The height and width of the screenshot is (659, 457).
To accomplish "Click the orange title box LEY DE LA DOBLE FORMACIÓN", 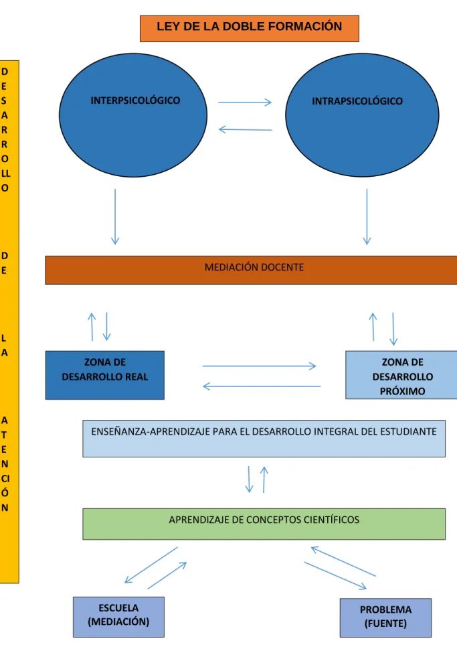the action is (250, 29).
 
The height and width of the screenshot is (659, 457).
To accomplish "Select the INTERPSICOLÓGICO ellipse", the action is (133, 115).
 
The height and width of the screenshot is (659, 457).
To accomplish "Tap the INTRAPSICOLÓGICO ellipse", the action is (362, 115).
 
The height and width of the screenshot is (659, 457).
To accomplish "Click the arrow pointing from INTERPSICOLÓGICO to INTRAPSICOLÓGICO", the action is (245, 102).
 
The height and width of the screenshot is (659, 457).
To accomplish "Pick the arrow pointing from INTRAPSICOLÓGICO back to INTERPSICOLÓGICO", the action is (246, 129).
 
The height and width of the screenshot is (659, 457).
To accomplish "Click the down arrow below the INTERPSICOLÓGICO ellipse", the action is (115, 216).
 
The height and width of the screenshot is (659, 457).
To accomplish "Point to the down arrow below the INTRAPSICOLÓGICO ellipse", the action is (367, 216).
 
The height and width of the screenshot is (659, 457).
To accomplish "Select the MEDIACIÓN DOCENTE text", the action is (254, 267).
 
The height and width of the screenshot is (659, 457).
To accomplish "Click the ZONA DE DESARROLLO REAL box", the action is (105, 375).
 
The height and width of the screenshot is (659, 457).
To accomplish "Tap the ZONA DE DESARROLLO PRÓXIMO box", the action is (401, 375).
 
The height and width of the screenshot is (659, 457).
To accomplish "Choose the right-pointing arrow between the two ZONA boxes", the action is (259, 366).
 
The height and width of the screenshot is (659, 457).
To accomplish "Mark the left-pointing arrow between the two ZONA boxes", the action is (262, 386).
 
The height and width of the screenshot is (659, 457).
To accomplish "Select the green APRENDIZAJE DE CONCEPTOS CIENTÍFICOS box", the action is (264, 524).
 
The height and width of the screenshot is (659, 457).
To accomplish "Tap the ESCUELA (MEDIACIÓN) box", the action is (118, 617).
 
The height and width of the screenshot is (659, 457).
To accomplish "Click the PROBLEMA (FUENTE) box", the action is (385, 617).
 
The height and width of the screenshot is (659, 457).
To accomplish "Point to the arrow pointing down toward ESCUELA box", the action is (151, 565).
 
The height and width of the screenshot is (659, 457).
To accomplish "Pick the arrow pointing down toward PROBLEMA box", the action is (336, 576).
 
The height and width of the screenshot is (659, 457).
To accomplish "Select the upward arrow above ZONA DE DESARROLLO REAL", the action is (92, 327).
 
